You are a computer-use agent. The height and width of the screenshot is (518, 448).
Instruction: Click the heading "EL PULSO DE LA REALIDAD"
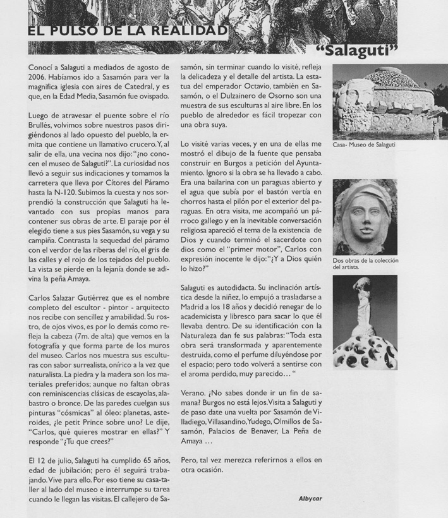tap(126, 31)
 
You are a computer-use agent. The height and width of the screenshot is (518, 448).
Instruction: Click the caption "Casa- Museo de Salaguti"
tap(364, 145)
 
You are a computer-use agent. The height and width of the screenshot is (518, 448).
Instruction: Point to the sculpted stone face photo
tap(365, 217)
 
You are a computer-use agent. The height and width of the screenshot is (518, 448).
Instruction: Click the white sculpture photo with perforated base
tap(365, 322)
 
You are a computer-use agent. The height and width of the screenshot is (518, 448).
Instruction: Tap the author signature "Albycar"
tap(310, 498)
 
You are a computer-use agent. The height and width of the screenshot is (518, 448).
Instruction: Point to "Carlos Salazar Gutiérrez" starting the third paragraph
tap(67, 298)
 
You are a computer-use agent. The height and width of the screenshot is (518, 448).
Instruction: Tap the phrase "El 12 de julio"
tap(52, 460)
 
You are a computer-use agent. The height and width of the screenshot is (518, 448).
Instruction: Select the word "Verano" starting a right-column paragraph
tap(193, 392)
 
